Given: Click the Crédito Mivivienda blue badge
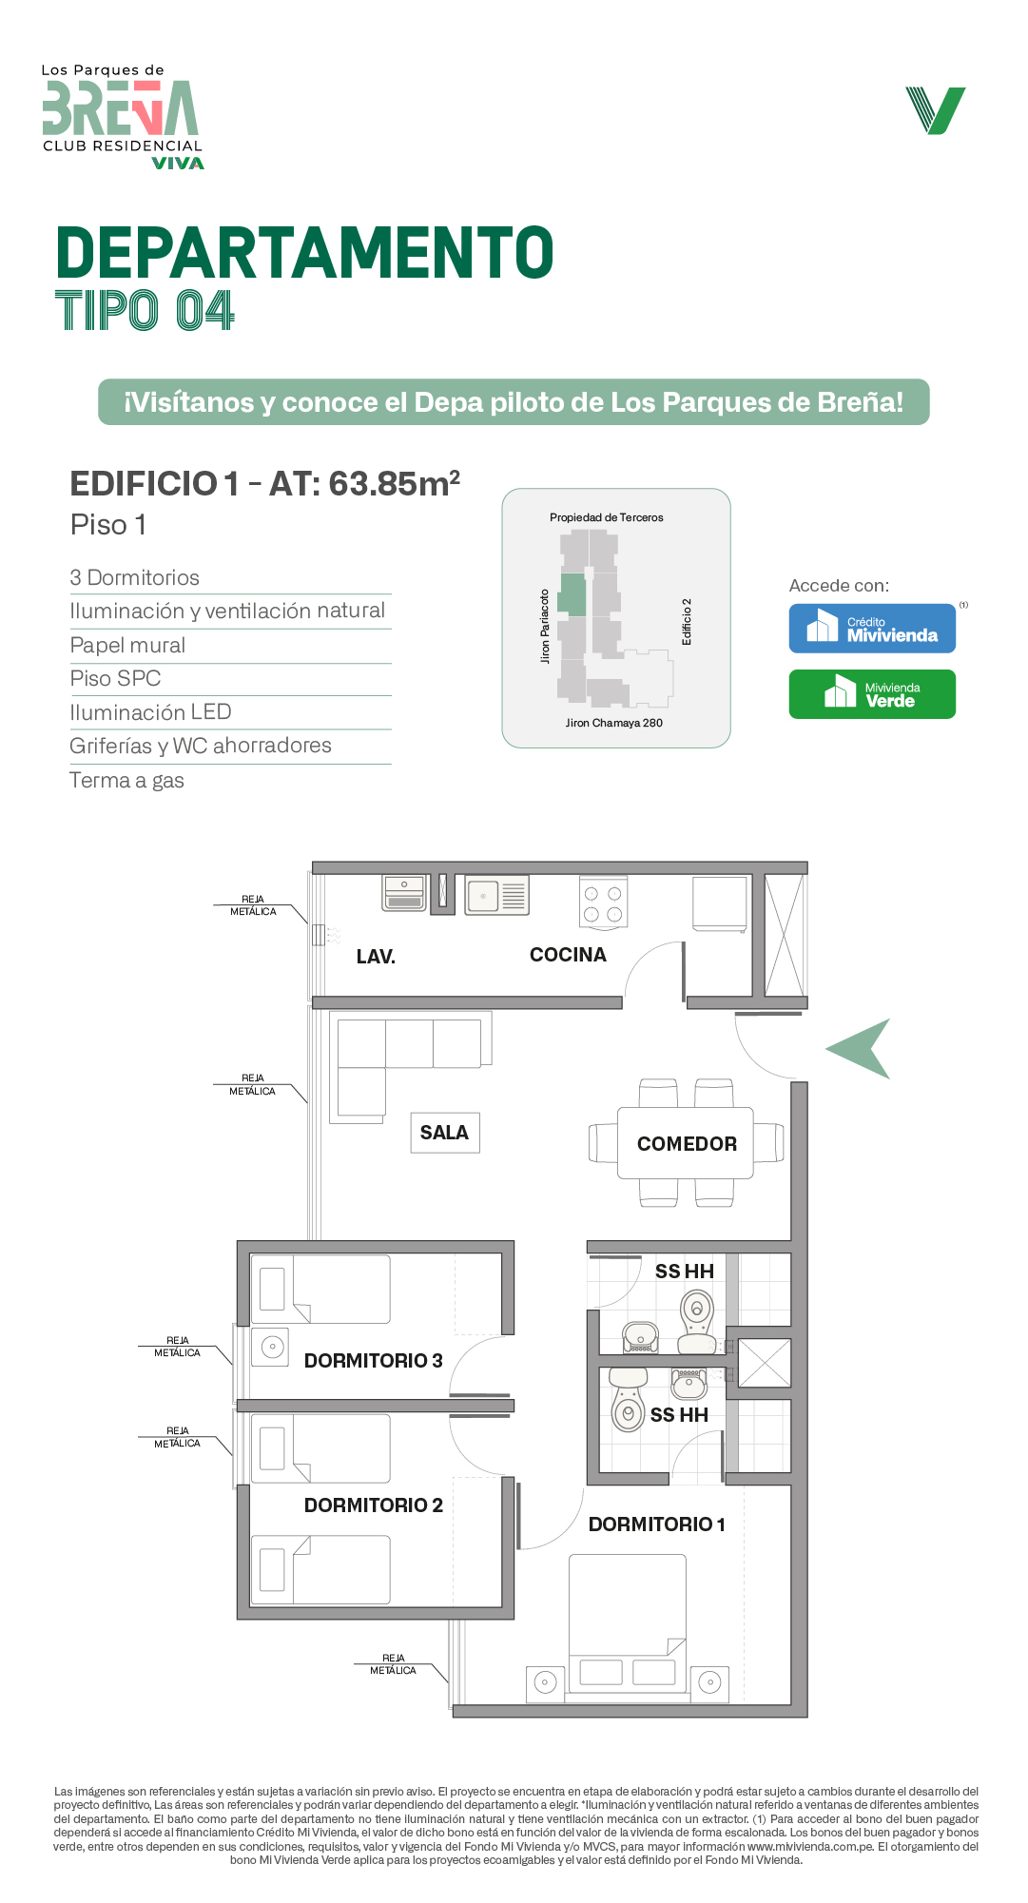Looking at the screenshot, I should click(x=872, y=629).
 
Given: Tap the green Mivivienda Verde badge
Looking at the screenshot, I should click(x=872, y=694).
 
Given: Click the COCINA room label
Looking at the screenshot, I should click(x=568, y=955).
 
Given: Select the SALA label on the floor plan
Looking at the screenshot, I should click(x=444, y=1133).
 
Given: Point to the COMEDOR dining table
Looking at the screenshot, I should click(x=686, y=1143).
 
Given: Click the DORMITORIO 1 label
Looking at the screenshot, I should click(x=656, y=1524).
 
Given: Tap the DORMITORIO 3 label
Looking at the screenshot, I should click(x=373, y=1361).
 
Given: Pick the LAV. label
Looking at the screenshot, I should click(x=376, y=957).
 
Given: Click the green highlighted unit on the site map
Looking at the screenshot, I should click(x=572, y=594).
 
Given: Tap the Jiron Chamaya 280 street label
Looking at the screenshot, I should click(x=613, y=723).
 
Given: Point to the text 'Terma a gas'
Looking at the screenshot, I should click(x=126, y=781).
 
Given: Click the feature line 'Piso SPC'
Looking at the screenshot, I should click(x=115, y=679).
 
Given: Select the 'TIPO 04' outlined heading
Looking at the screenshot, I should click(x=145, y=311).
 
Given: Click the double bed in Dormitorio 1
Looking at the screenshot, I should click(x=628, y=1621).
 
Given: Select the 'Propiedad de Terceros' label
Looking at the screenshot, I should click(x=606, y=517).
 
